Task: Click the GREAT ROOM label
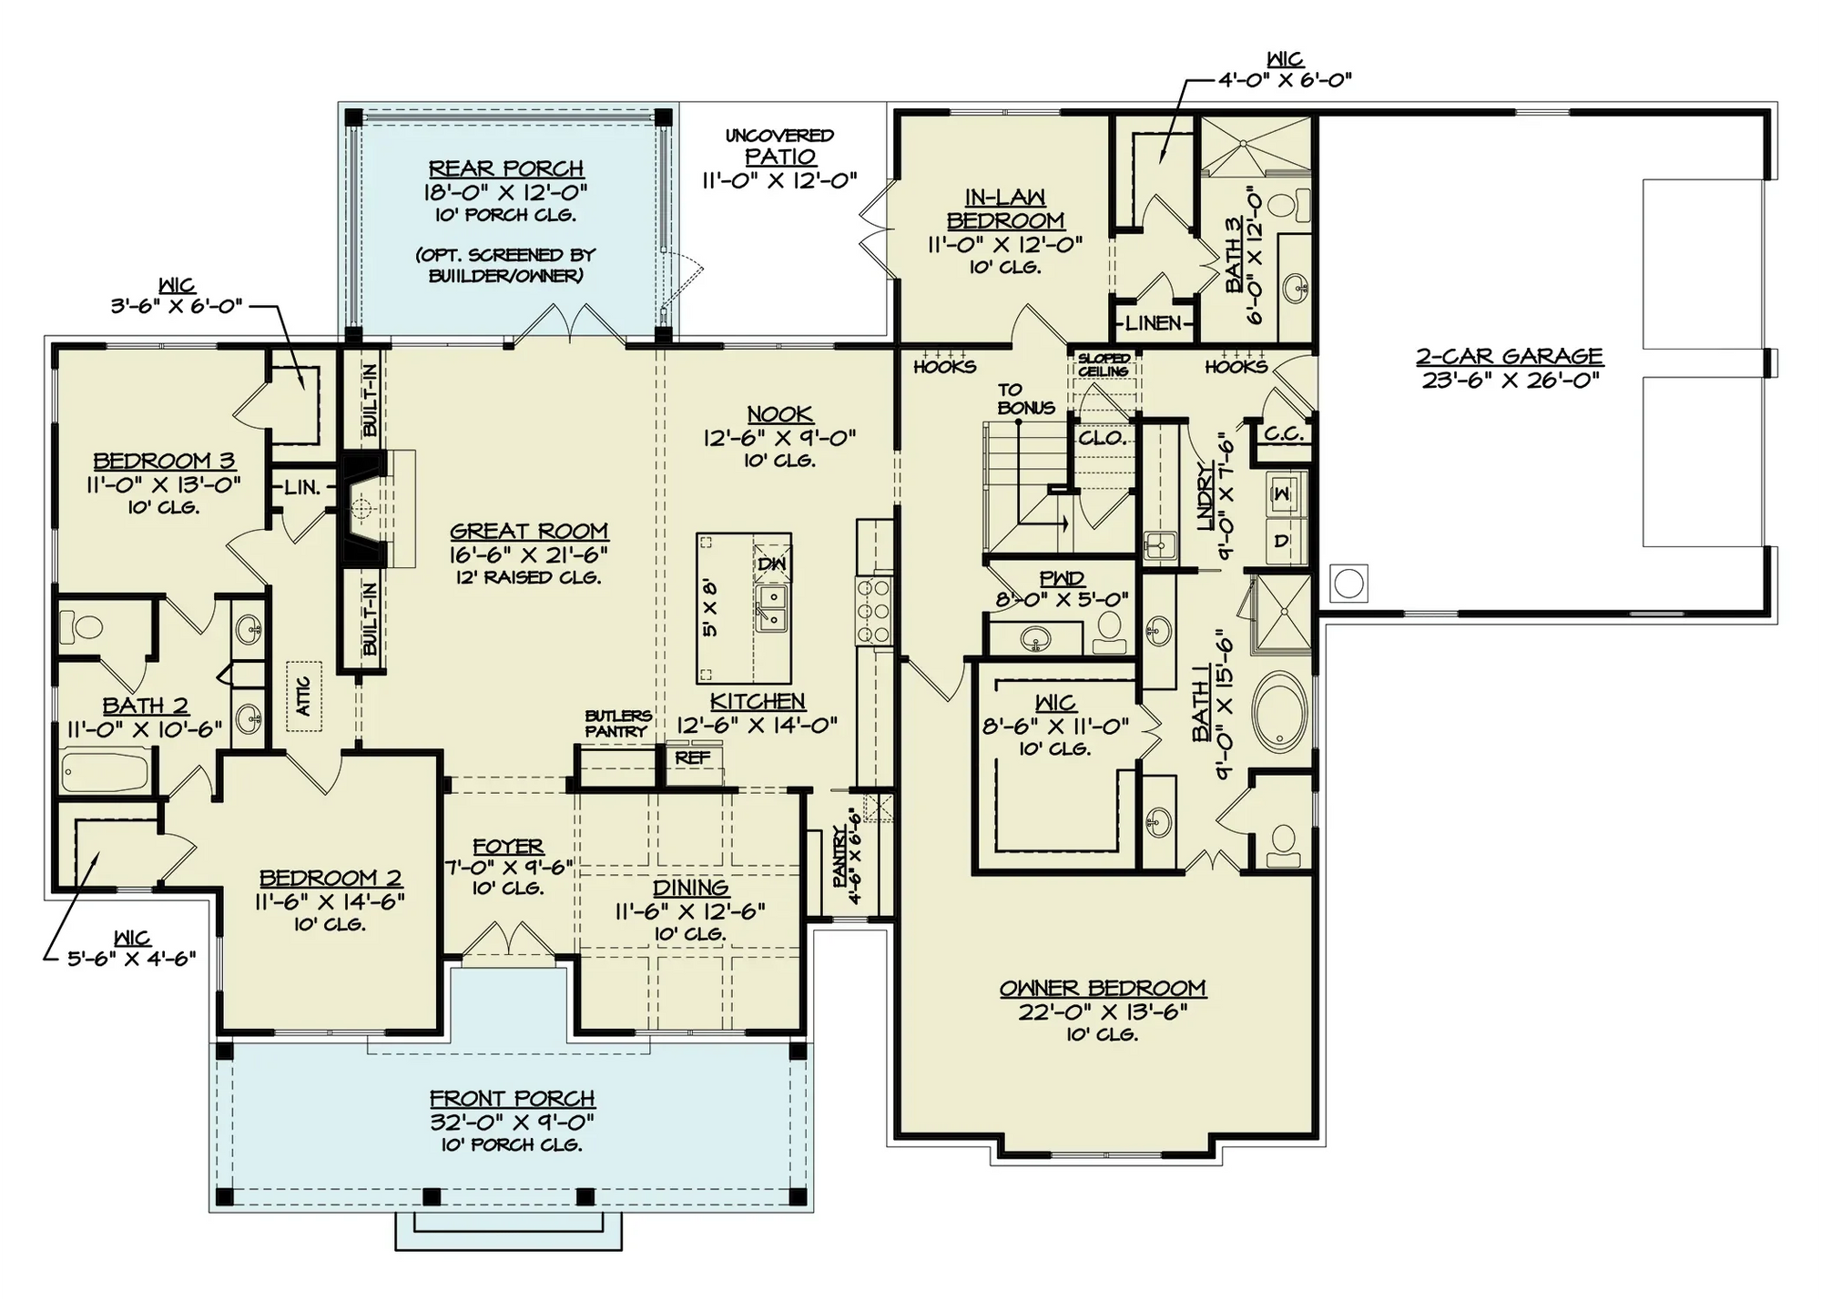click(x=529, y=532)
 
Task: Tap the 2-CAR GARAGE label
click(x=1509, y=357)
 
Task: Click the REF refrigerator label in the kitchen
click(x=693, y=757)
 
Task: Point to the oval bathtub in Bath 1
click(x=1280, y=713)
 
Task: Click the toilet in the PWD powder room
click(x=1108, y=631)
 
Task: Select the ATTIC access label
click(x=304, y=696)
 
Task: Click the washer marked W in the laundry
click(x=1283, y=493)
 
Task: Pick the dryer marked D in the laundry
click(x=1282, y=541)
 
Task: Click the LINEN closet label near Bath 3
click(x=1154, y=323)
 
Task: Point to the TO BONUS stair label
click(x=1025, y=399)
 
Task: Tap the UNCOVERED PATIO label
click(x=779, y=147)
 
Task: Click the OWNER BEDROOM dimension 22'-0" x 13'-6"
click(x=1103, y=1011)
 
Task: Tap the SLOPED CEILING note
click(x=1104, y=365)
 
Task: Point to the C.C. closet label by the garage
click(x=1284, y=434)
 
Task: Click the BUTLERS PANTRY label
click(x=617, y=724)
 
